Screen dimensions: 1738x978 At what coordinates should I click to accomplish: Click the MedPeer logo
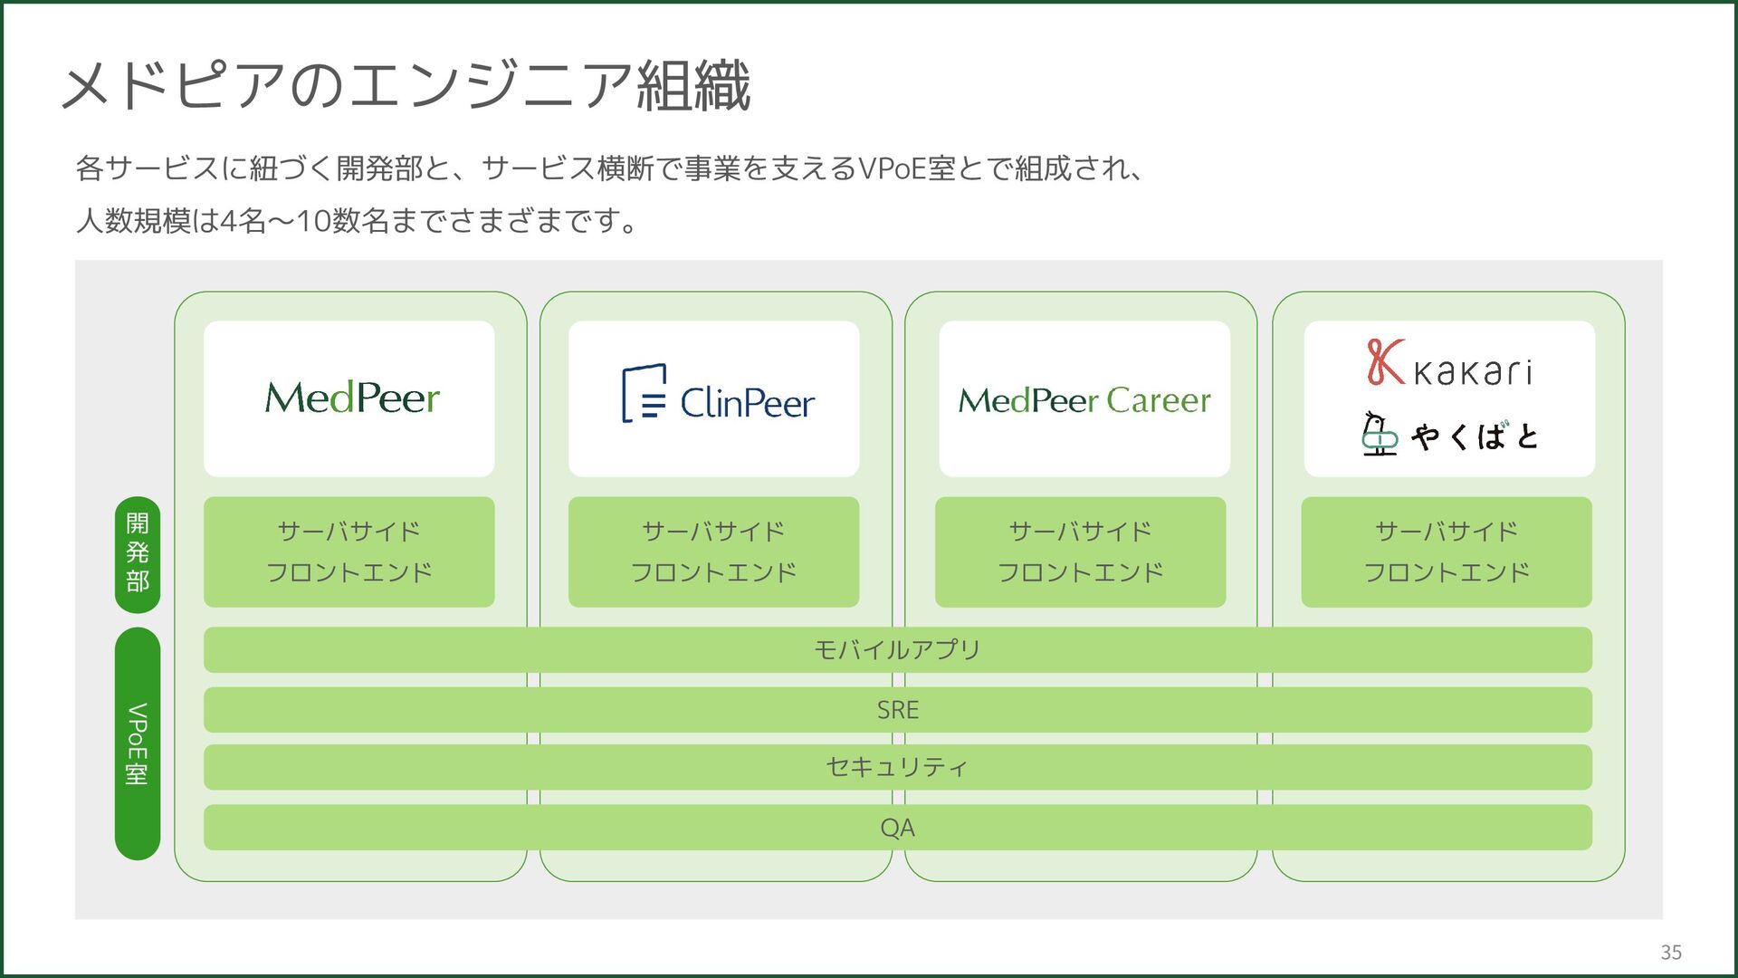[352, 398]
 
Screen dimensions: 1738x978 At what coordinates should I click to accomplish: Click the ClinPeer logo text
[747, 403]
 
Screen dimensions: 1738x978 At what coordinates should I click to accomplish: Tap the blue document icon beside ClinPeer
[645, 393]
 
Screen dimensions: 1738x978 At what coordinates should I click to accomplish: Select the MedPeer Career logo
[1084, 400]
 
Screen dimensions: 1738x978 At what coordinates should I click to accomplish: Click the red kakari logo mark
[1385, 361]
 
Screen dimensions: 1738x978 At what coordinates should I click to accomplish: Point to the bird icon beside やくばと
[1379, 434]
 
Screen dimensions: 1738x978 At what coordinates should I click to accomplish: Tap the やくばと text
[1475, 436]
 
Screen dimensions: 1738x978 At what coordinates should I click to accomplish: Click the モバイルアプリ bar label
[897, 649]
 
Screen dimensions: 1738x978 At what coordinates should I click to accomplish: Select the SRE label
[897, 710]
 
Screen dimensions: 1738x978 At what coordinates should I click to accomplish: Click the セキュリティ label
[897, 767]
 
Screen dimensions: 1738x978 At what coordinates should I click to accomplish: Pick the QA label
[897, 828]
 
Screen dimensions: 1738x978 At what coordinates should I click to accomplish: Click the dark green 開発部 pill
[138, 554]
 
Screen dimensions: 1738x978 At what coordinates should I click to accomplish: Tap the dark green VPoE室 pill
[138, 743]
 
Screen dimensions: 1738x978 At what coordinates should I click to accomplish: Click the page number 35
[1671, 952]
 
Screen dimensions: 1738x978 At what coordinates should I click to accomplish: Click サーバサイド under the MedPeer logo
[349, 531]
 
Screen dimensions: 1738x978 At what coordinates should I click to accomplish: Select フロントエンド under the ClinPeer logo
[713, 572]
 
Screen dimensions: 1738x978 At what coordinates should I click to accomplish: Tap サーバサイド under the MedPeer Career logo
[1080, 531]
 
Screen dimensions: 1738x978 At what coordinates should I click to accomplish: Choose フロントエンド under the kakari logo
[1447, 572]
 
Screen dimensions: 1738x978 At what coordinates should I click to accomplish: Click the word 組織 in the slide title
[694, 86]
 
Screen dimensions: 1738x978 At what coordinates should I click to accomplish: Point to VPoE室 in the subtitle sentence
[906, 168]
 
